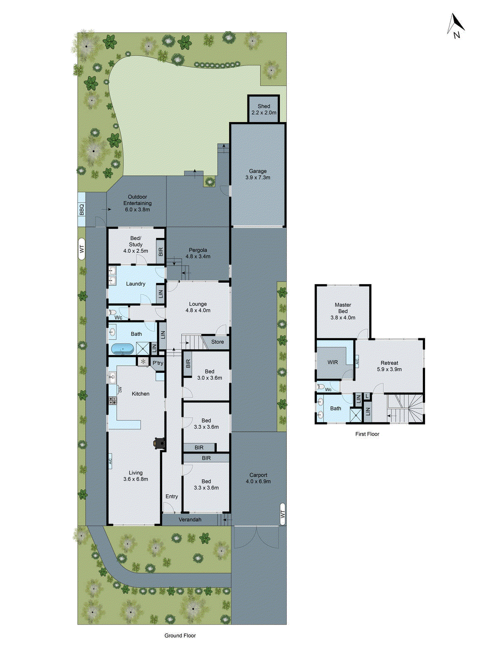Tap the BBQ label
click(x=82, y=209)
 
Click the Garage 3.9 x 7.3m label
click(x=258, y=174)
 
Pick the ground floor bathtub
click(x=122, y=349)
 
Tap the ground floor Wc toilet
click(x=112, y=312)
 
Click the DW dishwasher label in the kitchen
click(x=120, y=390)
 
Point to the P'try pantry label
click(x=158, y=363)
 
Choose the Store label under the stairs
click(x=217, y=342)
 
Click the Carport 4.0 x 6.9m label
click(x=258, y=478)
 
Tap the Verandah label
click(x=190, y=520)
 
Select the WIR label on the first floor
click(x=333, y=362)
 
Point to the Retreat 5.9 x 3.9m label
click(x=389, y=366)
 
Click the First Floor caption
click(x=367, y=434)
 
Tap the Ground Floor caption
click(x=180, y=635)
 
